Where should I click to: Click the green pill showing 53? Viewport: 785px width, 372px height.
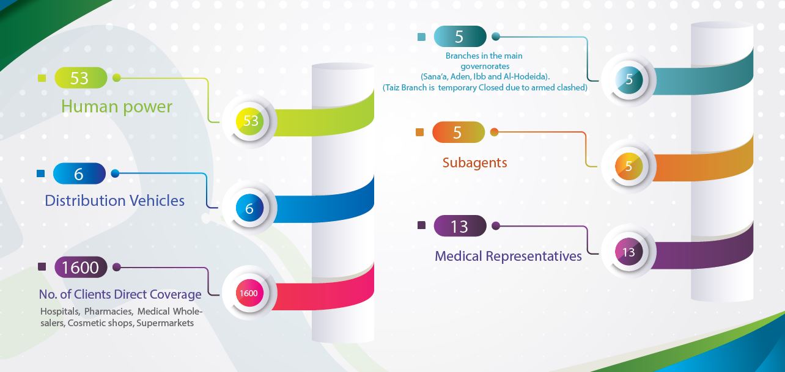pyautogui.click(x=81, y=78)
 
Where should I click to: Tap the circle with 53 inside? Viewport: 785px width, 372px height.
pyautogui.click(x=250, y=121)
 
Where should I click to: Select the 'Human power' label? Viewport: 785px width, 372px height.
pyautogui.click(x=117, y=107)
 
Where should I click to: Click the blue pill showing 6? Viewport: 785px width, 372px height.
pyautogui.click(x=79, y=173)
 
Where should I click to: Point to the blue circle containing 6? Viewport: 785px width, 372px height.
pyautogui.click(x=249, y=208)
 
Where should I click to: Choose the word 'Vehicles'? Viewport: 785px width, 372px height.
pyautogui.click(x=157, y=201)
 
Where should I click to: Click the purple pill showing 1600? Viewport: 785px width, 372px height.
pyautogui.click(x=81, y=268)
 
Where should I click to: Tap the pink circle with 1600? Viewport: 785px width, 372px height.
pyautogui.click(x=249, y=293)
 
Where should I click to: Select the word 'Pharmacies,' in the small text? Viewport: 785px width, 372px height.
pyautogui.click(x=109, y=312)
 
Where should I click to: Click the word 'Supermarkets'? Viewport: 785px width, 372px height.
pyautogui.click(x=165, y=323)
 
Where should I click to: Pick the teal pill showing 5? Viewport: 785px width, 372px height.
pyautogui.click(x=460, y=37)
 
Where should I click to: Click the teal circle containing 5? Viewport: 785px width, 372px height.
pyautogui.click(x=629, y=79)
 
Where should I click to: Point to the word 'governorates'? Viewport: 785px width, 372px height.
pyautogui.click(x=485, y=66)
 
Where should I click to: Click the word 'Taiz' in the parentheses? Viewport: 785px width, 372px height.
pyautogui.click(x=392, y=87)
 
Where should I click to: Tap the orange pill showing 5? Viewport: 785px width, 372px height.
pyautogui.click(x=459, y=132)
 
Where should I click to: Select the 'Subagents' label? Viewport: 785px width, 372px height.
pyautogui.click(x=474, y=162)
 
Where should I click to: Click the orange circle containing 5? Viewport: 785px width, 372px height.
pyautogui.click(x=629, y=166)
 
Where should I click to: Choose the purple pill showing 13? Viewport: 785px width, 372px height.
pyautogui.click(x=460, y=226)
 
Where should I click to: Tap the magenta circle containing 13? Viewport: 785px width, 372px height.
pyautogui.click(x=629, y=252)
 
